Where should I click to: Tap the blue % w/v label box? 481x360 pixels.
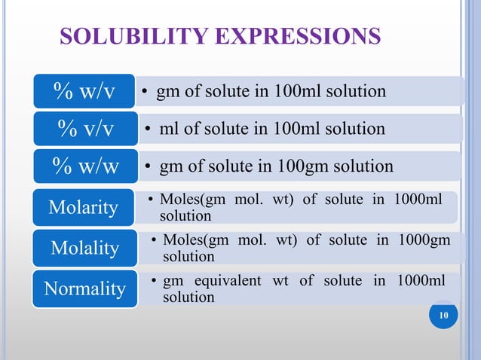(84, 91)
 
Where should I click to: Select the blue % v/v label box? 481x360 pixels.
(84, 129)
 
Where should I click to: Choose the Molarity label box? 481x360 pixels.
(84, 207)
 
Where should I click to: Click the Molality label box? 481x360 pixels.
(84, 248)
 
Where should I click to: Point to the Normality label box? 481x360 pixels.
(84, 288)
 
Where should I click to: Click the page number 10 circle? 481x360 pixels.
(443, 317)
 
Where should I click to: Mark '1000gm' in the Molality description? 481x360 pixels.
(421, 240)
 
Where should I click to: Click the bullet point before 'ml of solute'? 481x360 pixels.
(149, 129)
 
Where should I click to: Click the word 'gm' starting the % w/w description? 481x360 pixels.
(170, 166)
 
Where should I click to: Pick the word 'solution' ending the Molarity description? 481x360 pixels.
(185, 216)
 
